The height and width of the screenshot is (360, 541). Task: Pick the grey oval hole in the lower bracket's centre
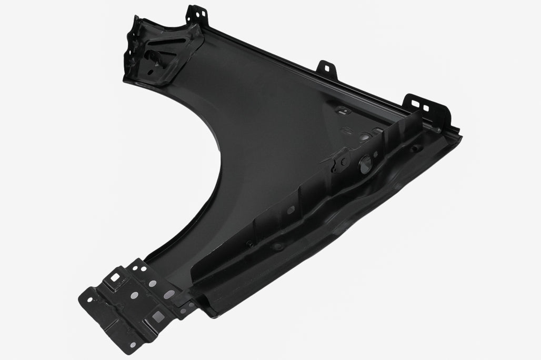[135, 294]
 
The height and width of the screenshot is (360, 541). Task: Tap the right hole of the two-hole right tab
[426, 108]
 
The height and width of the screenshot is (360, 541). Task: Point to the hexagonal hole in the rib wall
[289, 209]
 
